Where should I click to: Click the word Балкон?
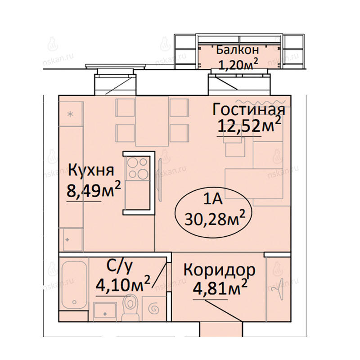(x=238, y=50)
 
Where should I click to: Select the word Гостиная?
(x=249, y=110)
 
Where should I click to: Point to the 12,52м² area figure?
(x=249, y=126)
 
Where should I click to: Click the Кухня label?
(x=91, y=170)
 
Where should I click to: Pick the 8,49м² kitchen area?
(x=94, y=189)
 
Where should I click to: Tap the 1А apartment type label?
(x=213, y=198)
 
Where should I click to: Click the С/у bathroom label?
(x=119, y=266)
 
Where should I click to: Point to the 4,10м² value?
(x=123, y=284)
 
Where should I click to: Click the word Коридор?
(x=219, y=270)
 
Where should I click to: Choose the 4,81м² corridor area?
(x=220, y=288)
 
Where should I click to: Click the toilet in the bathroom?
(x=130, y=308)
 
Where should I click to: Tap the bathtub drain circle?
(x=74, y=302)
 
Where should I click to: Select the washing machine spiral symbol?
(x=154, y=309)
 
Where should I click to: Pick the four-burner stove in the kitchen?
(x=138, y=168)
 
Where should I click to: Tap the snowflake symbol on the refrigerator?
(x=71, y=114)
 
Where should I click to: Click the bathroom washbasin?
(x=105, y=310)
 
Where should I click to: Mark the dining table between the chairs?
(x=153, y=121)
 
